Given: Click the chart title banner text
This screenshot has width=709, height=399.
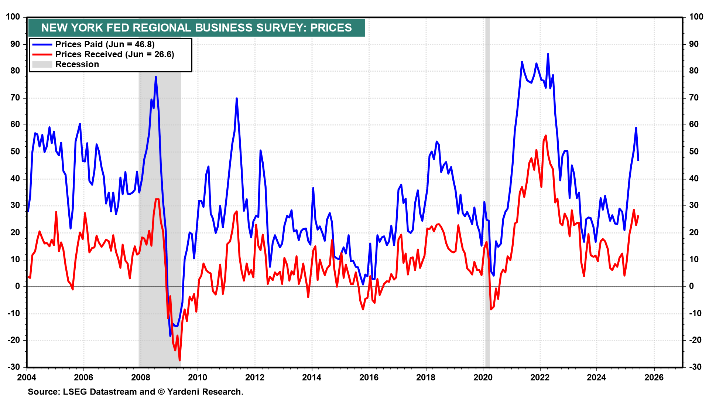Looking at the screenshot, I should (196, 28).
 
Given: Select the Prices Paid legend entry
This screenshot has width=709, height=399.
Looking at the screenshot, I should (105, 44).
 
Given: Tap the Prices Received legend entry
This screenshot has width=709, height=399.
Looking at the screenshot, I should (114, 54).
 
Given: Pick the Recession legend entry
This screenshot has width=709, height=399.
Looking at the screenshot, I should (77, 64).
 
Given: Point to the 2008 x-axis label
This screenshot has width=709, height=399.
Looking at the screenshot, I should (141, 377).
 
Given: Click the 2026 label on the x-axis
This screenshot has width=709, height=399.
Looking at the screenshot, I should (654, 377).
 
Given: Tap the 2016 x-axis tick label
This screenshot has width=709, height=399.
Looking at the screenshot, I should (369, 377).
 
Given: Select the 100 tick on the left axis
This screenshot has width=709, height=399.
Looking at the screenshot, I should (13, 17).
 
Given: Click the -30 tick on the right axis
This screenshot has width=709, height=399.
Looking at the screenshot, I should (695, 367).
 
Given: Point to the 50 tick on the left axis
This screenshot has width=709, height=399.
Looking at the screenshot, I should (15, 152).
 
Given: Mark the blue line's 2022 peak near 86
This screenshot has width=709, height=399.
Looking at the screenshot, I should (548, 54).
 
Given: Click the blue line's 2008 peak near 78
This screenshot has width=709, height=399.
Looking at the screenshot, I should (156, 77).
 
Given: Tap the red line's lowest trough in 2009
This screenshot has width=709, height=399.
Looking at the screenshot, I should (180, 360).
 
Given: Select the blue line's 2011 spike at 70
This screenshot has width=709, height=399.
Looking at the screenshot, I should (237, 98).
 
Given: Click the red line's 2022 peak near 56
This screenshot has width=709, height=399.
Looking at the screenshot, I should (546, 136).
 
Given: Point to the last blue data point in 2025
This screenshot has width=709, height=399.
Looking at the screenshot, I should (638, 160).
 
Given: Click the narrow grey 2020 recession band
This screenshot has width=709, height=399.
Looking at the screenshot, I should (487, 192).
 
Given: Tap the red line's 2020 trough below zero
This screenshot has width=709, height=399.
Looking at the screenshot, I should (491, 309).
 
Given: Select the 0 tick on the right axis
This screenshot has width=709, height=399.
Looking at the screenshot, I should (691, 286).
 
